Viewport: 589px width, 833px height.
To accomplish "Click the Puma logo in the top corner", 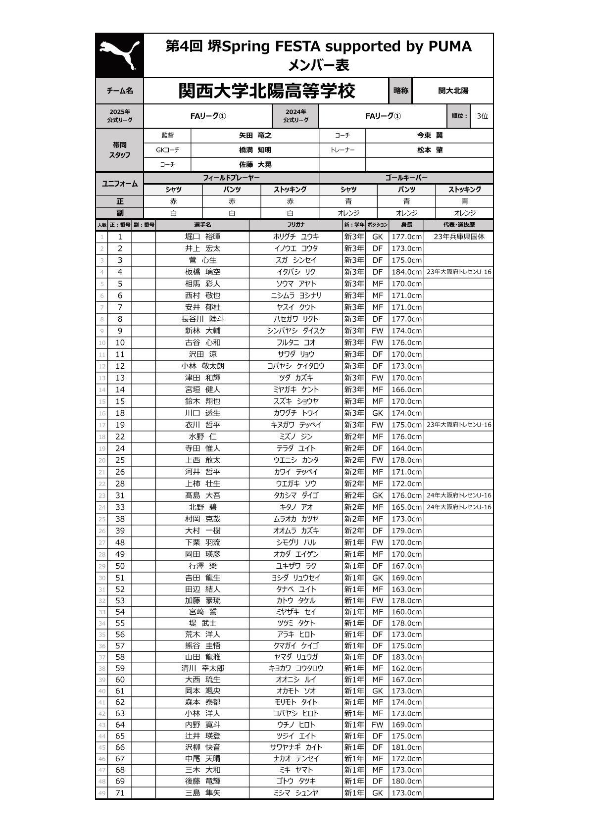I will pos(119,55).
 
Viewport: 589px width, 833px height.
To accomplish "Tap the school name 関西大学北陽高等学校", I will pos(267,91).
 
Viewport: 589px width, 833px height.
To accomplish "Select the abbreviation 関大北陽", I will pos(453,91).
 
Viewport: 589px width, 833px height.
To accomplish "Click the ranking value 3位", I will pos(482,116).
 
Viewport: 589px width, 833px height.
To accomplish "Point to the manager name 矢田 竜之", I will pos(255,136).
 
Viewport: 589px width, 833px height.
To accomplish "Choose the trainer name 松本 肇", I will pos(430,150).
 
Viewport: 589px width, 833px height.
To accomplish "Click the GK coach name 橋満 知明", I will pos(255,150).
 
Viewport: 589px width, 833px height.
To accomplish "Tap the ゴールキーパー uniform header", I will pos(406,178).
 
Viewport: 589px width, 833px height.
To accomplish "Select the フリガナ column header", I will pos(296,225).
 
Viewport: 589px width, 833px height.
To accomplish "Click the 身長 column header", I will pos(406,225).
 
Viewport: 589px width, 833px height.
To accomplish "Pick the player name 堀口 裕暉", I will pos(202,237).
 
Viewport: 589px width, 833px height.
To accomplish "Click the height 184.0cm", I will pos(406,272).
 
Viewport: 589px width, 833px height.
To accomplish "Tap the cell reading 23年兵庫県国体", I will pos(459,237).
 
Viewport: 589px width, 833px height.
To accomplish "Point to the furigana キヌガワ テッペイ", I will pos(296,425).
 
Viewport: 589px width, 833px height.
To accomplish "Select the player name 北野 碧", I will pos(202,507).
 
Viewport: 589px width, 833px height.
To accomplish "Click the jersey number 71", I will pos(120,793).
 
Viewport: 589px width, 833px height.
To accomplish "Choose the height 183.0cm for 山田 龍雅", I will pos(406,657).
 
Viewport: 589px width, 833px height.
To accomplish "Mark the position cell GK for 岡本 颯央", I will pos(377,691).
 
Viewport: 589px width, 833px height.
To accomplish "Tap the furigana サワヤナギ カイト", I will pos(296,747).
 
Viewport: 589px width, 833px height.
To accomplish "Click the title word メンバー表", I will pos(318,65).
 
